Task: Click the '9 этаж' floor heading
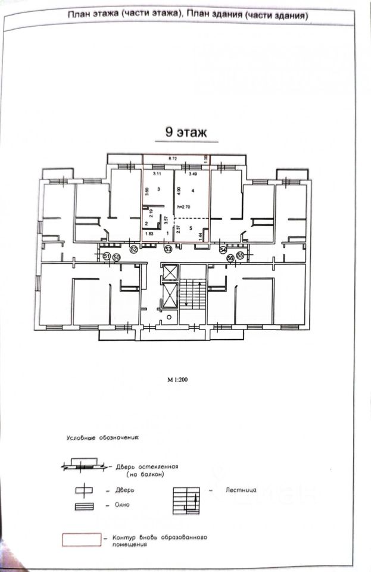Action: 186,133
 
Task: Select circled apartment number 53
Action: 169,249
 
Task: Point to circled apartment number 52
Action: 133,249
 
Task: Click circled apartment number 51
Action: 107,256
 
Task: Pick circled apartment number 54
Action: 223,250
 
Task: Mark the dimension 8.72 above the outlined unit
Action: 173,158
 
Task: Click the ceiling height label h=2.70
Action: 185,207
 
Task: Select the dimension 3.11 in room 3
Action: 157,174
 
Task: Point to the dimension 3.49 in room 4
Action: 192,174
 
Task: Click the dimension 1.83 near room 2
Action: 149,234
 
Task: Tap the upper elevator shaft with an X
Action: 170,272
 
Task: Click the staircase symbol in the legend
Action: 186,499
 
